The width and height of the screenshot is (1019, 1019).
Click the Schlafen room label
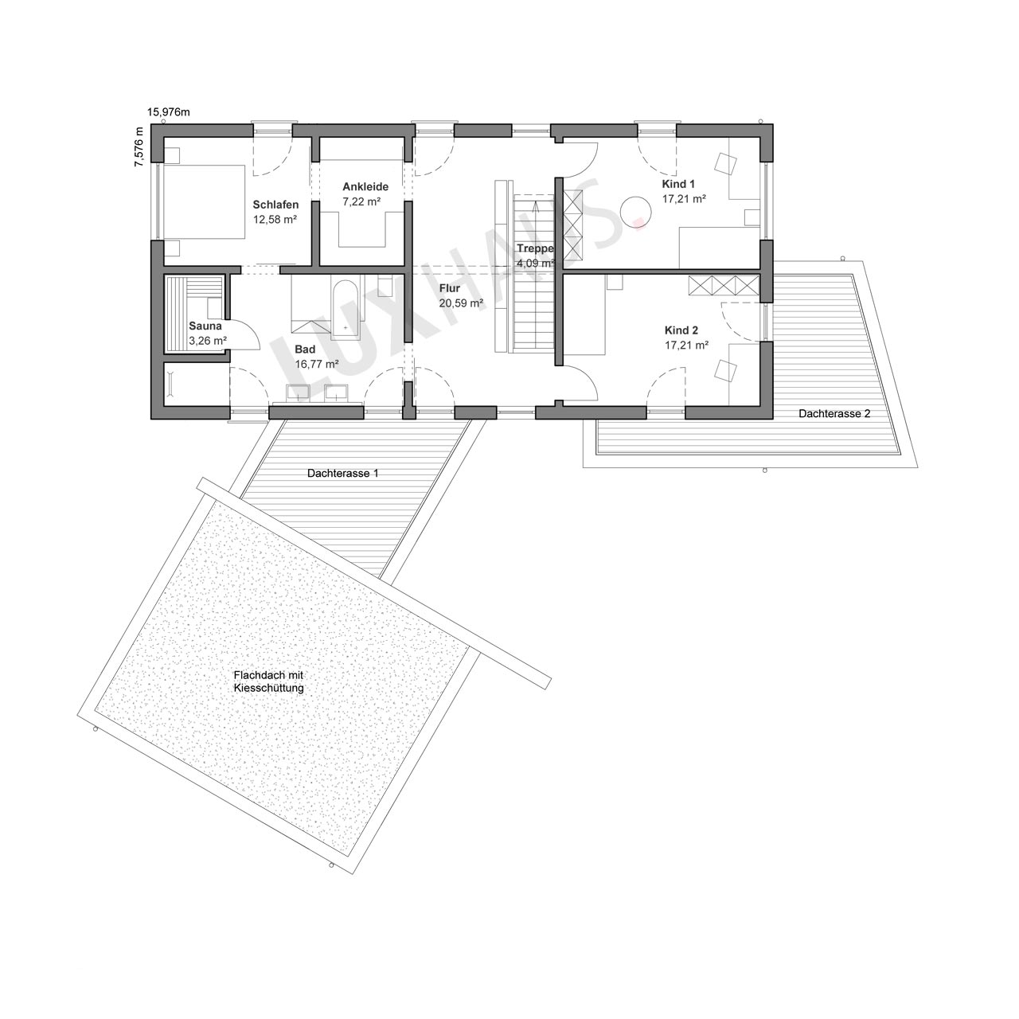click(275, 205)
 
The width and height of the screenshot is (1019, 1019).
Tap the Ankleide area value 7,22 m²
click(361, 201)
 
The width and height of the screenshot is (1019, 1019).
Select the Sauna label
click(205, 326)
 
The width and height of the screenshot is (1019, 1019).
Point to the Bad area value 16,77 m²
click(317, 364)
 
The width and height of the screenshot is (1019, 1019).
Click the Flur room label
click(450, 288)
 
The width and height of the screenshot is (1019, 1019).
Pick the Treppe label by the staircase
click(535, 248)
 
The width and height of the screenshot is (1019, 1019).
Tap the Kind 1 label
click(678, 184)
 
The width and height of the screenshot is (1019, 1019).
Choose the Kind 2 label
click(681, 330)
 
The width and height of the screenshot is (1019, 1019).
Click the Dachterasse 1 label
click(342, 473)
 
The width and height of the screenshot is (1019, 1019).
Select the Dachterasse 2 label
click(834, 413)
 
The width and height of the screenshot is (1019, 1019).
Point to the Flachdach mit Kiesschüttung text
click(268, 681)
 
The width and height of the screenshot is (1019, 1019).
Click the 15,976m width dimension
click(168, 112)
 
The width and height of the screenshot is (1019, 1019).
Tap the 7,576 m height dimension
click(139, 146)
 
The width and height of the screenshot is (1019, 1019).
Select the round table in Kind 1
click(635, 212)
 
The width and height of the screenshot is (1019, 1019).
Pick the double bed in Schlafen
click(204, 201)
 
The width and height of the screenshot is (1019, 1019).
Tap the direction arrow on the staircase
click(537, 207)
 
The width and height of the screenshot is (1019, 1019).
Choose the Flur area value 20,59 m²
click(462, 303)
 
